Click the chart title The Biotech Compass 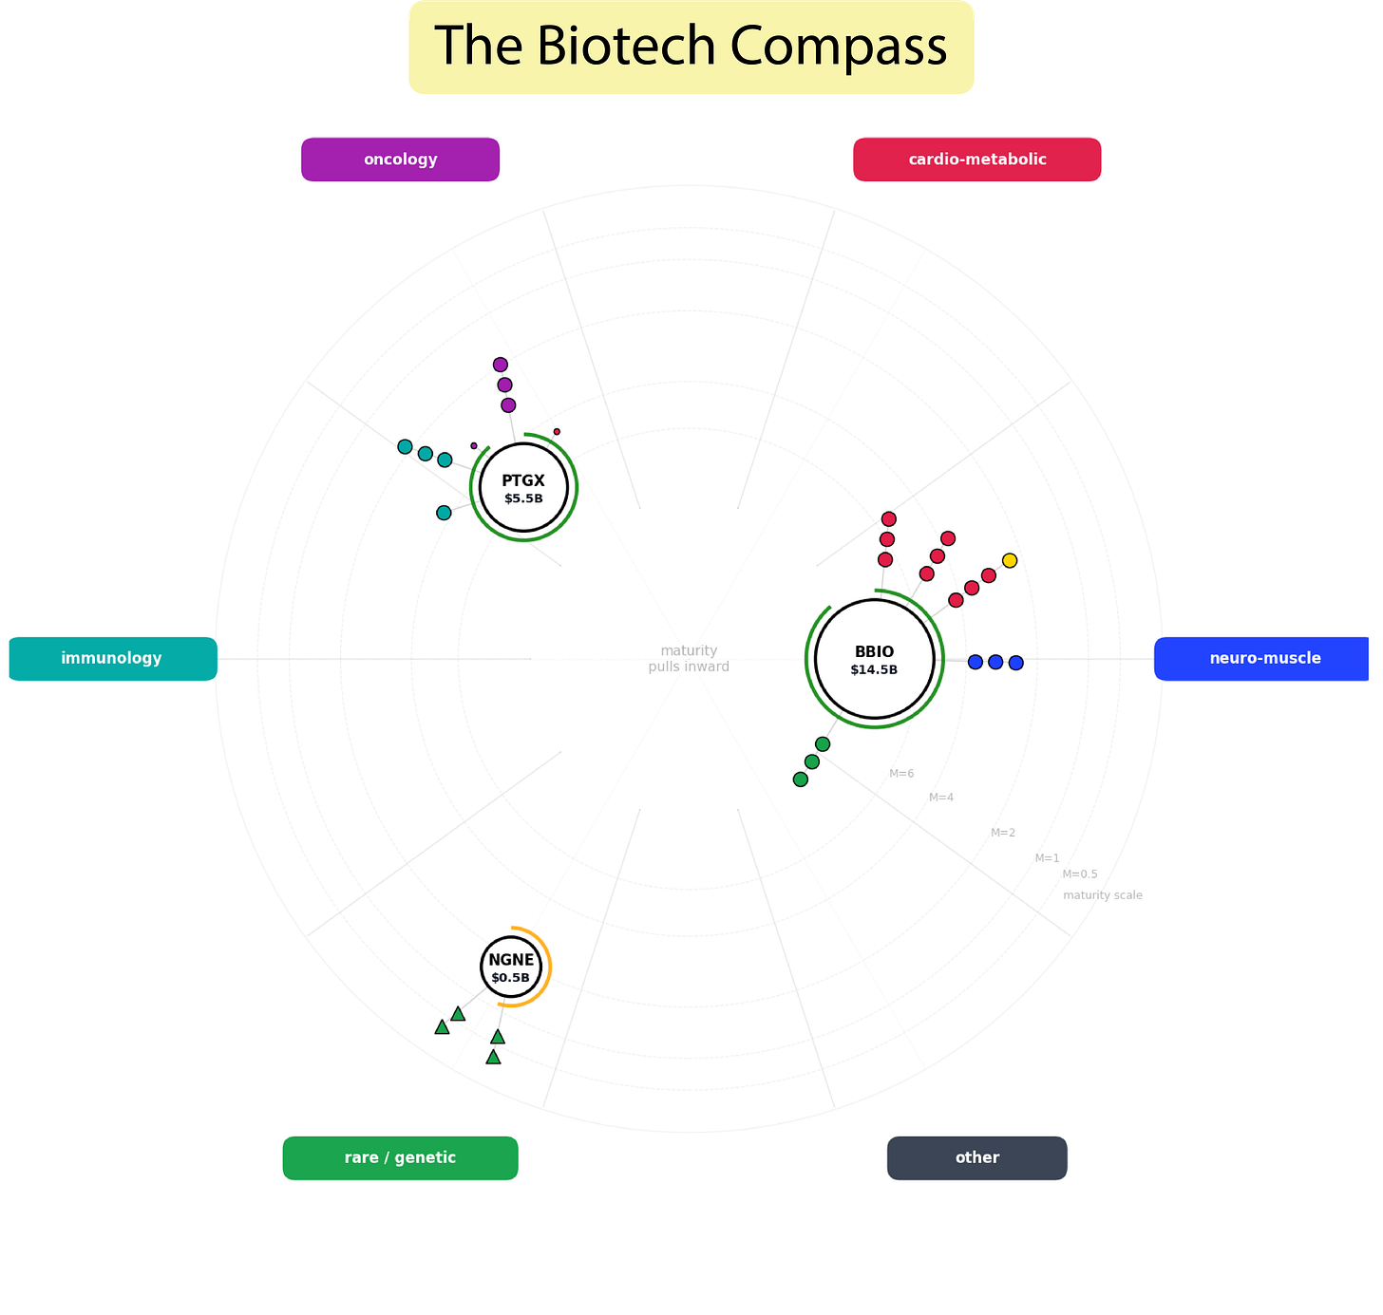pos(691,46)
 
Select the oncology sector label pos(400,160)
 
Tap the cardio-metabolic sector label pos(976,160)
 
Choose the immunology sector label pos(112,658)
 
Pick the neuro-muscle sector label pos(1264,658)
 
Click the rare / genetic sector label pos(400,1157)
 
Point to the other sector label pos(976,1157)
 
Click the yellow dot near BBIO pos(1010,560)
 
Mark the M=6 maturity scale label pos(901,774)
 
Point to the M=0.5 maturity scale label pos(1079,874)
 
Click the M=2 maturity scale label pos(1003,833)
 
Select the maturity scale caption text pos(1102,895)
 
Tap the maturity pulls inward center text pos(689,658)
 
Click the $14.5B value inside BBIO pos(874,670)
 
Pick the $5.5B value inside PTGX pos(523,498)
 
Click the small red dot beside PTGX pos(557,431)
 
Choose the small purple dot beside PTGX pos(474,445)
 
